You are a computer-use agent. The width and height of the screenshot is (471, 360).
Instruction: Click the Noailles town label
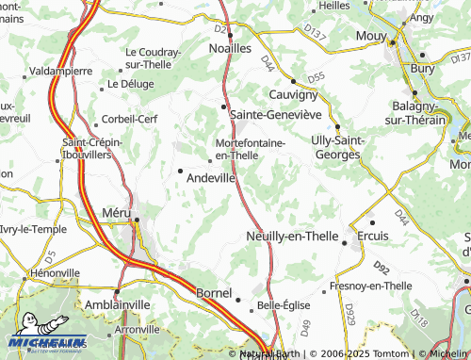tap(230, 47)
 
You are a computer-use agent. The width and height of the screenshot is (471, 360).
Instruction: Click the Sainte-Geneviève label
tap(276, 114)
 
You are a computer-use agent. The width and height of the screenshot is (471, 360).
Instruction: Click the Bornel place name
tap(213, 294)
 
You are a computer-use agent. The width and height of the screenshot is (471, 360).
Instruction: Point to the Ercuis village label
tap(374, 234)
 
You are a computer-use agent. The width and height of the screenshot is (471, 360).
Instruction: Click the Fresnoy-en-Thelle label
tap(371, 286)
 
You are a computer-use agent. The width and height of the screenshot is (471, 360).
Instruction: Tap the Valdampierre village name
tap(61, 71)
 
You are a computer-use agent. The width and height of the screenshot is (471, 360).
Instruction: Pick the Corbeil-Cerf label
tap(130, 120)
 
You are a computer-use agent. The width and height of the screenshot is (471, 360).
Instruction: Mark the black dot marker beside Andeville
tap(180, 171)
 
